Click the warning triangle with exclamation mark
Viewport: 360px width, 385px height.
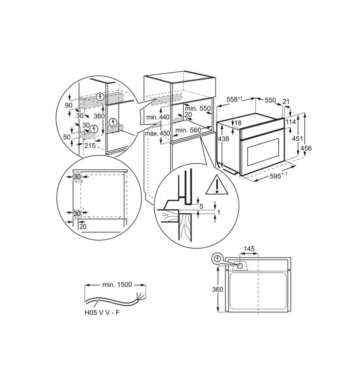point(217,185)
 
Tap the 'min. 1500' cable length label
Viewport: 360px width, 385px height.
point(117,285)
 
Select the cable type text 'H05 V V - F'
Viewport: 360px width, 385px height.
point(102,313)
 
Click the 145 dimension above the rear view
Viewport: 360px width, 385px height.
point(249,249)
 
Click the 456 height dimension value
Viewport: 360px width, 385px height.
point(306,148)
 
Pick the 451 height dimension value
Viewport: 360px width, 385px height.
point(298,139)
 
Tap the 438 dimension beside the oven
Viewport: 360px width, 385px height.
point(223,139)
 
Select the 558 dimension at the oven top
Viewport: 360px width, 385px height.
point(234,99)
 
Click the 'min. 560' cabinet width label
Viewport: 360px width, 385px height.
point(188,130)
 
